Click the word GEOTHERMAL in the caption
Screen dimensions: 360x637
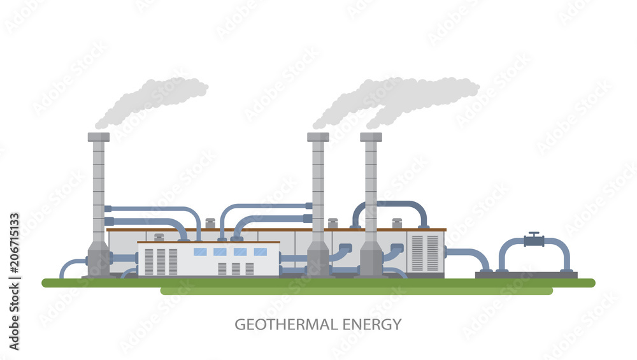coord(285,324)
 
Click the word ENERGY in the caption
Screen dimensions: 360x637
coord(372,324)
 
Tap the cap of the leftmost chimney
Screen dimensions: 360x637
coord(99,137)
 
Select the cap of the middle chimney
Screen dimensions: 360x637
coord(318,137)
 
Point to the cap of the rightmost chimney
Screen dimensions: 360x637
coord(371,137)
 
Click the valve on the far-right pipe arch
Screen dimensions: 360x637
coord(534,240)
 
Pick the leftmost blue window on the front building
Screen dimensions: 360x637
coord(199,252)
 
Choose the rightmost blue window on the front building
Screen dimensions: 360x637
coord(261,252)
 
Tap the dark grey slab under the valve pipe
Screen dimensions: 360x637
coord(526,275)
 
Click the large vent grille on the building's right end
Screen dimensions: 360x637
coord(425,253)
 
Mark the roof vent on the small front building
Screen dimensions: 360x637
coord(159,238)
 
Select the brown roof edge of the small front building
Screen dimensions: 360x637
coord(208,242)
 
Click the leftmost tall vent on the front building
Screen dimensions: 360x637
coord(148,261)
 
